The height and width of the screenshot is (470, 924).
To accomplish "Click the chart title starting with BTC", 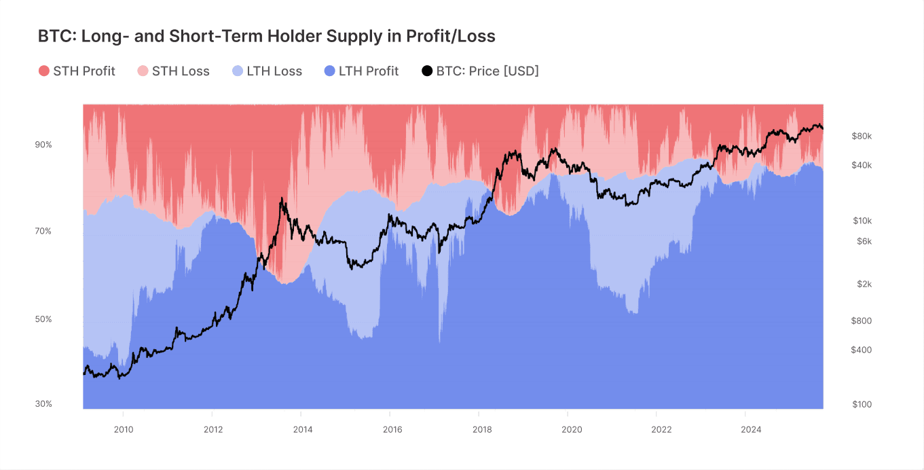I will tap(266, 37).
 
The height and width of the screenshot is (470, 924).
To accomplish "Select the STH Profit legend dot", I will tap(44, 71).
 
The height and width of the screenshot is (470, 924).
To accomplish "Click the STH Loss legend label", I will tap(181, 71).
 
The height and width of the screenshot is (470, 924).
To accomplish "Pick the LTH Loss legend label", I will tap(274, 71).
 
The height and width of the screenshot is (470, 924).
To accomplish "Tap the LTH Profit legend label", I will tap(369, 71).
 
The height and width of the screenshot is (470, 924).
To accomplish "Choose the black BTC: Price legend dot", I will tap(427, 71).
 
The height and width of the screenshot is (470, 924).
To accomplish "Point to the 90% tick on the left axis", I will tap(43, 145).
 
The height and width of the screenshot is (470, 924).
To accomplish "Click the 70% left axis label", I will tap(43, 232).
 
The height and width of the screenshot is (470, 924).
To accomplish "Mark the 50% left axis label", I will tap(43, 319).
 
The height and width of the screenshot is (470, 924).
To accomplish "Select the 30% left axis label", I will tap(43, 404).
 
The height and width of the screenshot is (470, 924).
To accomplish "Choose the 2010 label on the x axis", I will tap(124, 429).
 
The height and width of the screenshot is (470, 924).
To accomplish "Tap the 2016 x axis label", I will tap(392, 429).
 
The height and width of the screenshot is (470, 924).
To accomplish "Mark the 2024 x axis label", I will tap(751, 429).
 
